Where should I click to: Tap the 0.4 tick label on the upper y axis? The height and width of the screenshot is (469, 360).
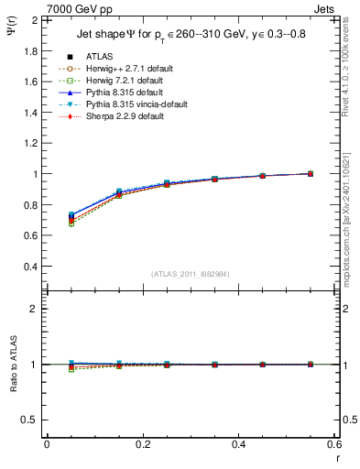pos(29,267)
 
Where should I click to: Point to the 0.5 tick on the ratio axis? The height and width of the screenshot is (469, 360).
pos(29,420)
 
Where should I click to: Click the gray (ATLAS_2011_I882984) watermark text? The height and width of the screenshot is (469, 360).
pos(191,274)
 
